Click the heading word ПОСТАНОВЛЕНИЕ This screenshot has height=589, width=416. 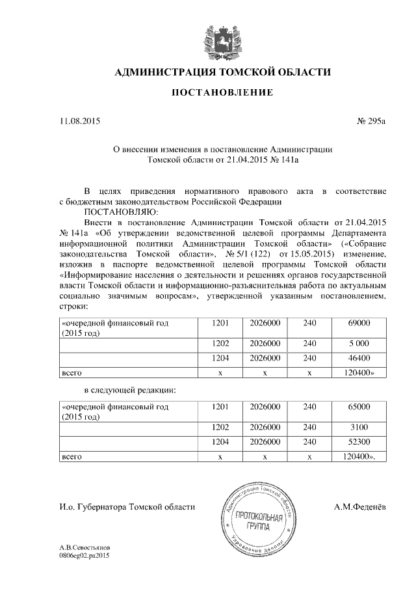coord(222,93)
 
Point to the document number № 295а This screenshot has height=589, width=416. coord(371,121)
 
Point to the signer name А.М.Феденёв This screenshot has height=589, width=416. coord(359,506)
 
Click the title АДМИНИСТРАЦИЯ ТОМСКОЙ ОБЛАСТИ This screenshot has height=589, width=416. coord(222,72)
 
